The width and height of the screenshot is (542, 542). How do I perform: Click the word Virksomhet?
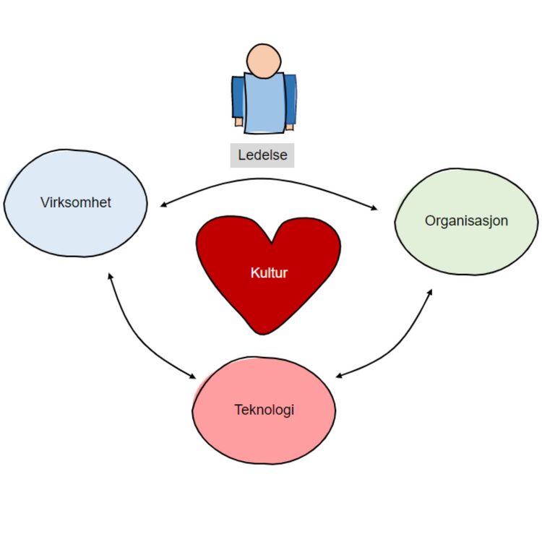[76, 202]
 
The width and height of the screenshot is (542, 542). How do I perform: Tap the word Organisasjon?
[466, 220]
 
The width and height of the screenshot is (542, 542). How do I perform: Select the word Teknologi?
[264, 410]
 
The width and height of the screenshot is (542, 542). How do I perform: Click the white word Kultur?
[269, 273]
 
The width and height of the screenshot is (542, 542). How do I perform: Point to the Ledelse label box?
[262, 155]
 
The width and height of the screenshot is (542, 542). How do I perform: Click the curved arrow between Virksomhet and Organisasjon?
[267, 179]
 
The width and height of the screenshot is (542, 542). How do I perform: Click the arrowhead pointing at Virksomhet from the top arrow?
[163, 205]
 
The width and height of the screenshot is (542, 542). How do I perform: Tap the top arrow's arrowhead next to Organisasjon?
[374, 209]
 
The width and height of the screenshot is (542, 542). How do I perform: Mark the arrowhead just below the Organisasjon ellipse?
[431, 291]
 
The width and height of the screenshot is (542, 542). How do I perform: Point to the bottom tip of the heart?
[258, 333]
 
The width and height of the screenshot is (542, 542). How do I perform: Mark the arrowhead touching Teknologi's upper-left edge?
[193, 377]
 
